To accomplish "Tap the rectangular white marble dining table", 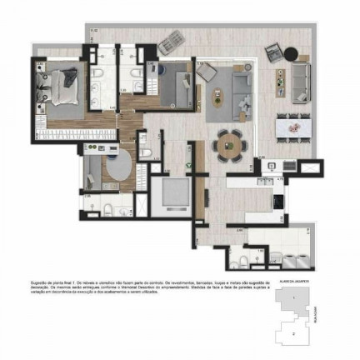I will pyautogui.click(x=293, y=126).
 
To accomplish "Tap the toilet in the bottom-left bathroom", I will pyautogui.click(x=110, y=207).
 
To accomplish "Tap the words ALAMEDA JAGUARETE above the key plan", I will pyautogui.click(x=295, y=283).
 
